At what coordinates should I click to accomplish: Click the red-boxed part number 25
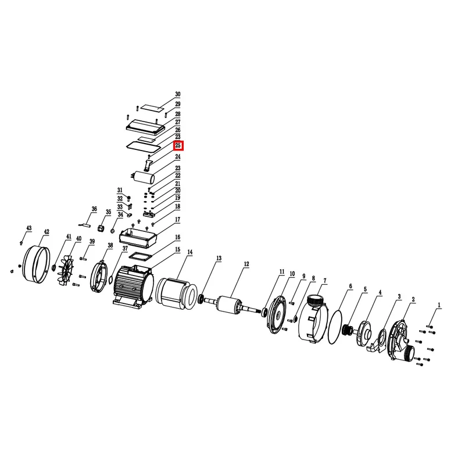(x=178, y=146)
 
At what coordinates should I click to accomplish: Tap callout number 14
(x=190, y=252)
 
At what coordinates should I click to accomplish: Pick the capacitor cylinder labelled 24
(x=143, y=177)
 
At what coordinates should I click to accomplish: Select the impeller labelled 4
(x=364, y=332)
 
